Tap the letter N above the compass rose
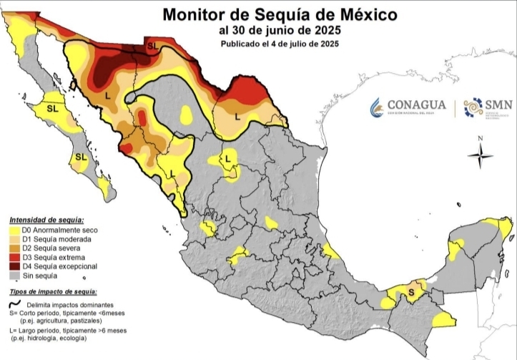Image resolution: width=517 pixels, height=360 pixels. click(x=481, y=137)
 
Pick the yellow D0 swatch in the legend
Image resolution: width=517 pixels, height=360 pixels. click(x=15, y=230)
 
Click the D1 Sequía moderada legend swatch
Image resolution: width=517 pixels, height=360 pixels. click(x=15, y=239)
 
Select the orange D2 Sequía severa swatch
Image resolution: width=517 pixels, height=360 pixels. click(x=15, y=248)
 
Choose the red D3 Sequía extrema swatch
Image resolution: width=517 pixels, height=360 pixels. click(x=15, y=257)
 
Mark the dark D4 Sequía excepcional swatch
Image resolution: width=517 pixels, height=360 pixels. click(x=15, y=266)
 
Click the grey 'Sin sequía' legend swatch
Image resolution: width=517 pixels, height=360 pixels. click(x=15, y=275)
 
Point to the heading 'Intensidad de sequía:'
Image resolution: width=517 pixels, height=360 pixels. click(x=46, y=220)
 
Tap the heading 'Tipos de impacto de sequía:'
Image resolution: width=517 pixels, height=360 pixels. click(x=54, y=292)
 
